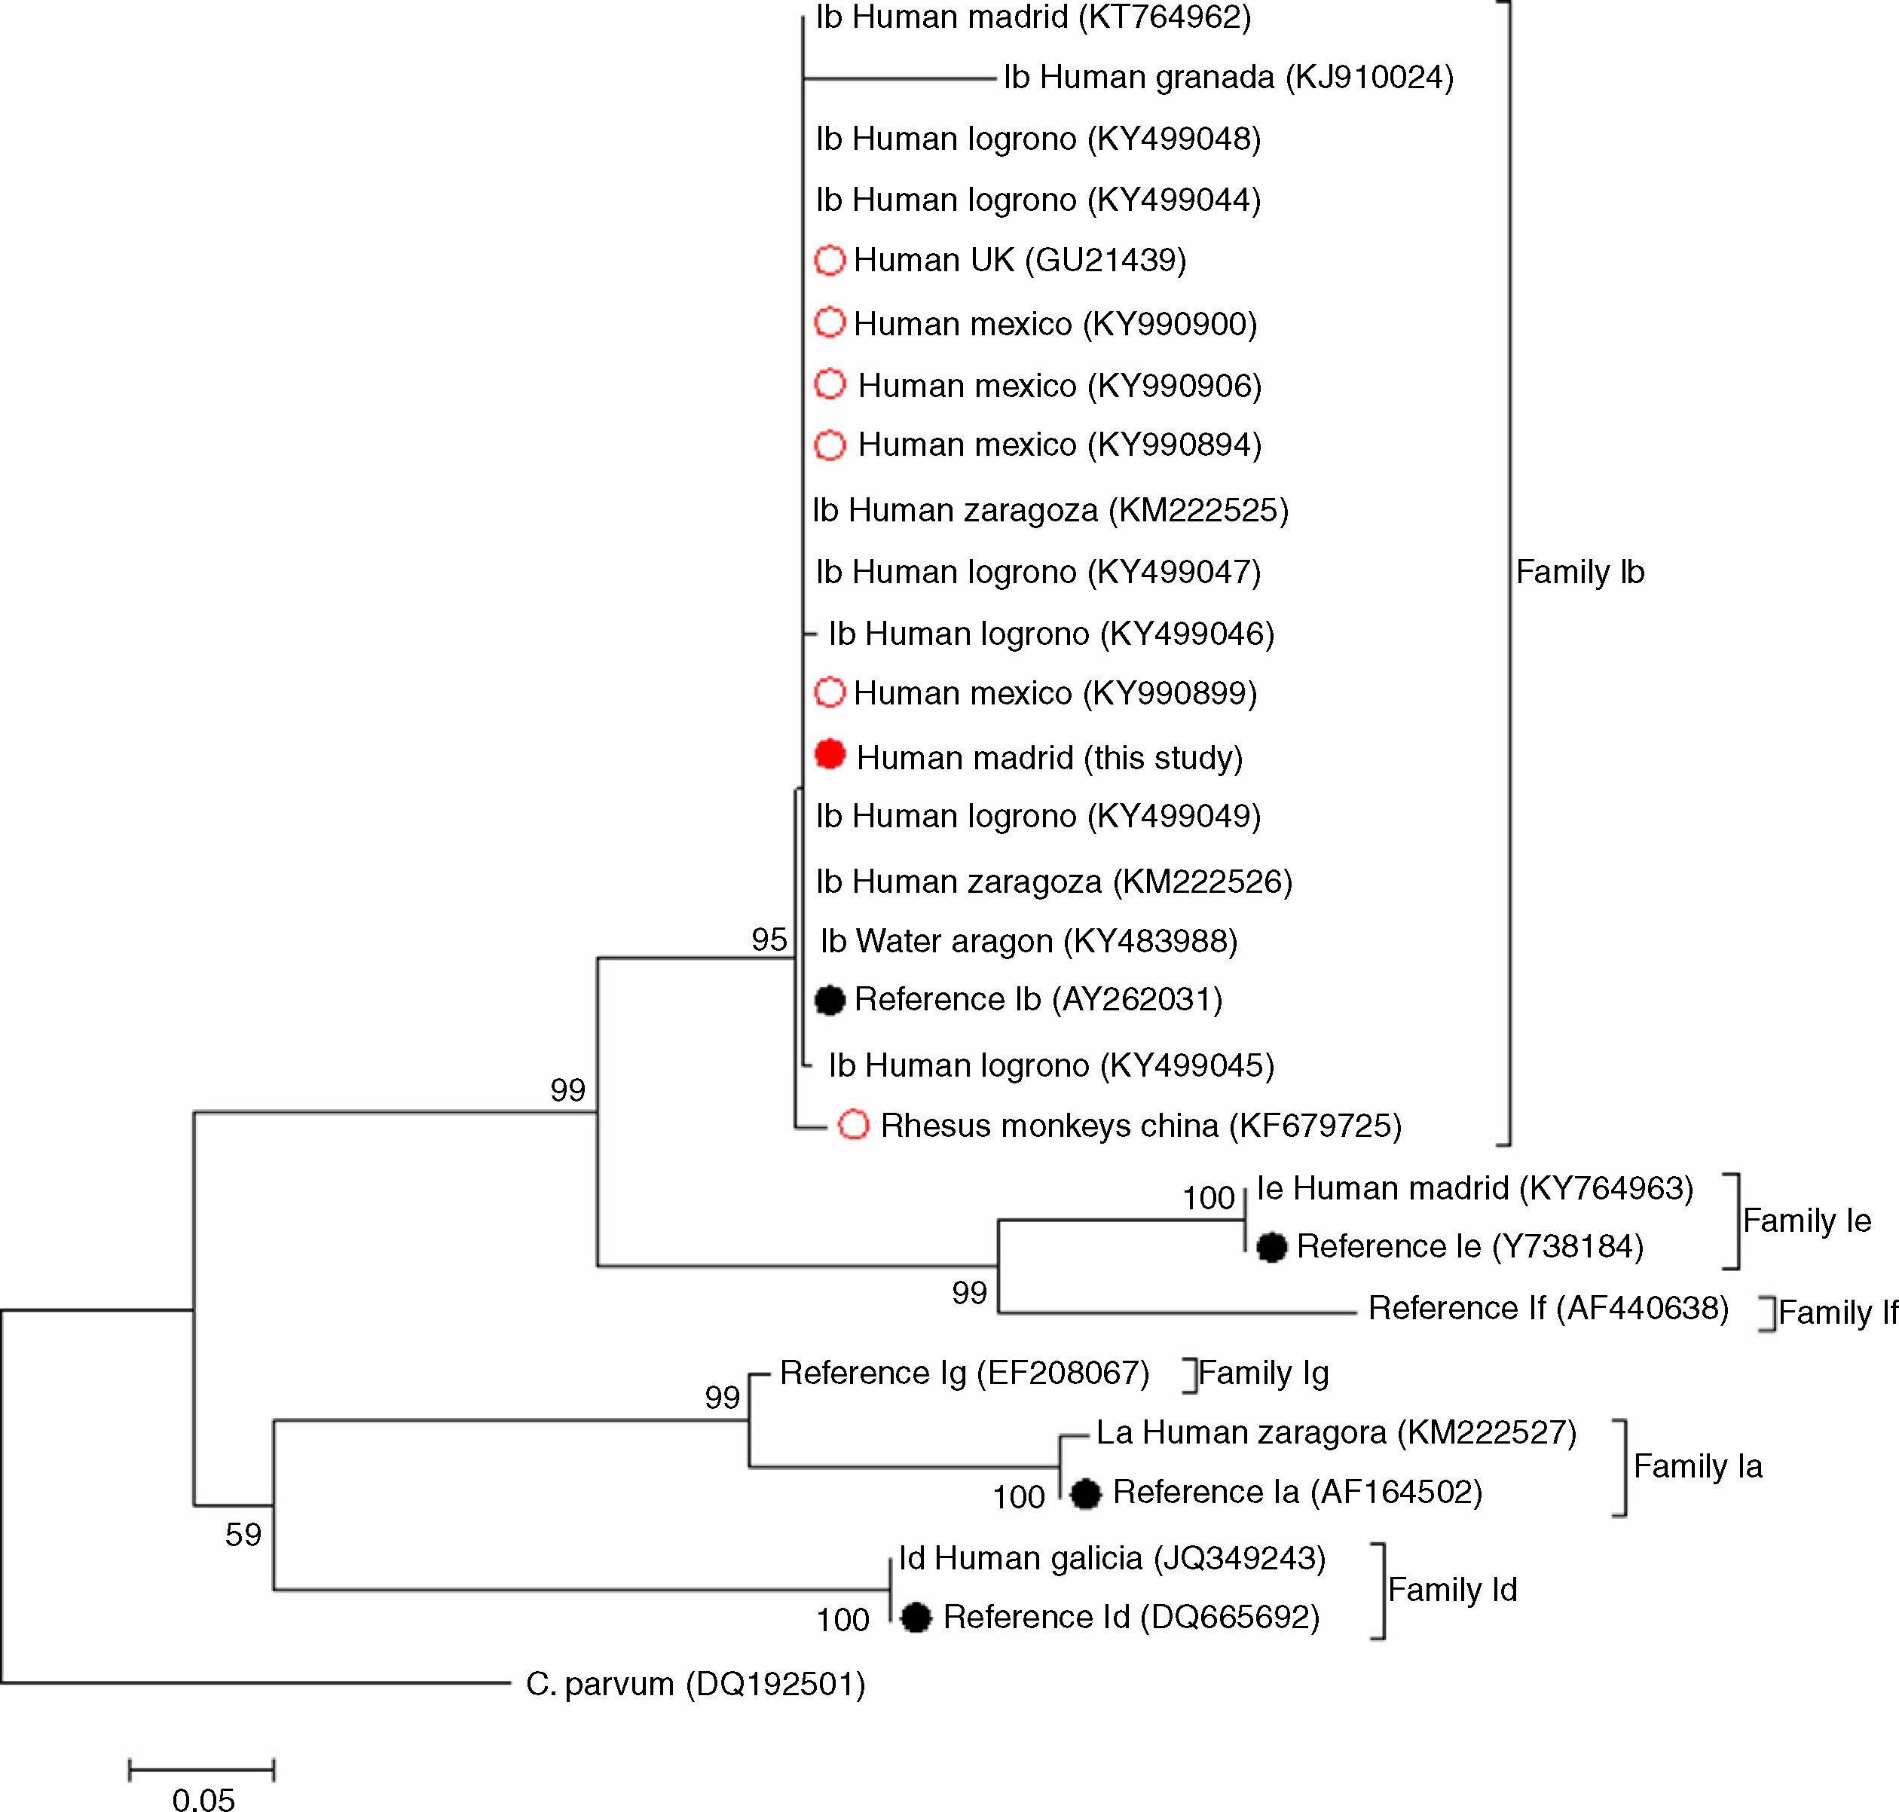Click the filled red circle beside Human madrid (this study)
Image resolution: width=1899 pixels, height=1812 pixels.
[830, 754]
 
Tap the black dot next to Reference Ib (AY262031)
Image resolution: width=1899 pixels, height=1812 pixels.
[830, 1001]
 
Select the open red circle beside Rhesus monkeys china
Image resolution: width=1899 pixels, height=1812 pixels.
[853, 1124]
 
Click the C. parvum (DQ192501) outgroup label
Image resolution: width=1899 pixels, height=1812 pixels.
[695, 1685]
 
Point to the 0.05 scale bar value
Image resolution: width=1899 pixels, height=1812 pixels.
[203, 1798]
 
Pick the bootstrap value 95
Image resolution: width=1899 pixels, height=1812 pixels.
[769, 940]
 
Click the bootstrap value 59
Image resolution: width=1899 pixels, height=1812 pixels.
[243, 1535]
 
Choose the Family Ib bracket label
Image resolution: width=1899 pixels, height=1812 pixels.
[1579, 573]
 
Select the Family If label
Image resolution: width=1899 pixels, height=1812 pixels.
[1837, 1312]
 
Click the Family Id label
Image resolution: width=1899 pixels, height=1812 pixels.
[1452, 1590]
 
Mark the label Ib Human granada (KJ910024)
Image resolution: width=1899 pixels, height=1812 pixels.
[1228, 78]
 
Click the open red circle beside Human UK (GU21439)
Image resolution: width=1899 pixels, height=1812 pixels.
[830, 260]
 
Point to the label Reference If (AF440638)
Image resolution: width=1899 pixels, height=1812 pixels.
[1547, 1308]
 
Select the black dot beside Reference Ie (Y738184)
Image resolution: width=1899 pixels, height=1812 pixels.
[1271, 1248]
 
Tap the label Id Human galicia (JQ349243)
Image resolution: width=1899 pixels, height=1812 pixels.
[1112, 1558]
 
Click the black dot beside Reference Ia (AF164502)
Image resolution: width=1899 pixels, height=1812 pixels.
[1086, 1493]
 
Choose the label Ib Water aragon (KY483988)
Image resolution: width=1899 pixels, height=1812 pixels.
[1029, 941]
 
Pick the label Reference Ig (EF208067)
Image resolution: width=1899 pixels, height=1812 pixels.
[964, 1373]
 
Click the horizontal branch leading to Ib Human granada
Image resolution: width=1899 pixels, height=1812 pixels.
[898, 78]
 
